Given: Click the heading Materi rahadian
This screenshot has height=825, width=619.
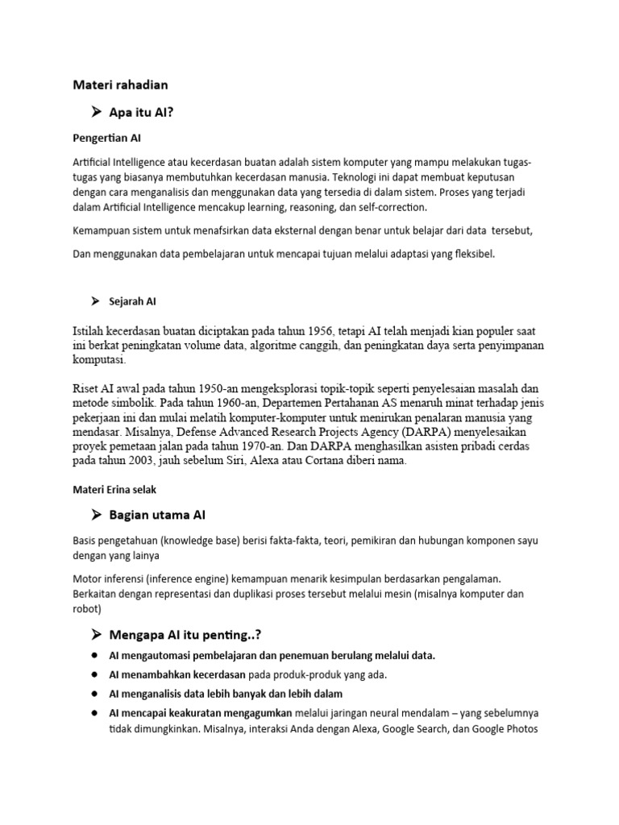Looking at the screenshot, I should tap(121, 84).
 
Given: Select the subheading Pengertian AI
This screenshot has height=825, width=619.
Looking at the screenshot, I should tap(107, 139).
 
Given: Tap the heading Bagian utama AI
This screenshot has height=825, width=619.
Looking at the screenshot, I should tap(163, 514).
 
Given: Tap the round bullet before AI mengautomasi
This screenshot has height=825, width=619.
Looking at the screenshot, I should tap(95, 655).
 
